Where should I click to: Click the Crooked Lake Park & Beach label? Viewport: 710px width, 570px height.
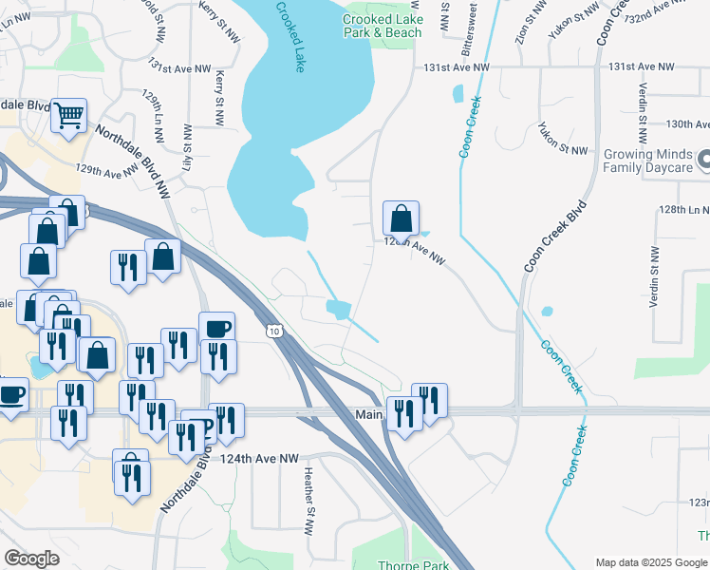click(x=382, y=26)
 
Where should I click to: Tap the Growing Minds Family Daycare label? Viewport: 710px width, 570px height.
click(x=642, y=161)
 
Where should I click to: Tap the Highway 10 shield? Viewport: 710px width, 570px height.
click(x=273, y=331)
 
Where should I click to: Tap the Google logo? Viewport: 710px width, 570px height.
click(x=32, y=559)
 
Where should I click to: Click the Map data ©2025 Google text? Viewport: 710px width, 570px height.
click(x=651, y=562)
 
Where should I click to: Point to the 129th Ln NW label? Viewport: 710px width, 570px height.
click(x=152, y=113)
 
